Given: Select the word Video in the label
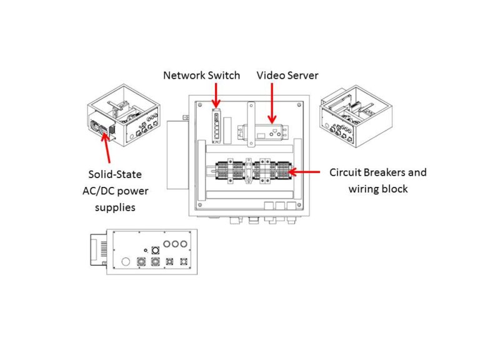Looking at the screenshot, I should click(270, 75).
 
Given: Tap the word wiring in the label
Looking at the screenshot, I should click(364, 188).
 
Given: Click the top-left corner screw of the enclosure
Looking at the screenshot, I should click(199, 104).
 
